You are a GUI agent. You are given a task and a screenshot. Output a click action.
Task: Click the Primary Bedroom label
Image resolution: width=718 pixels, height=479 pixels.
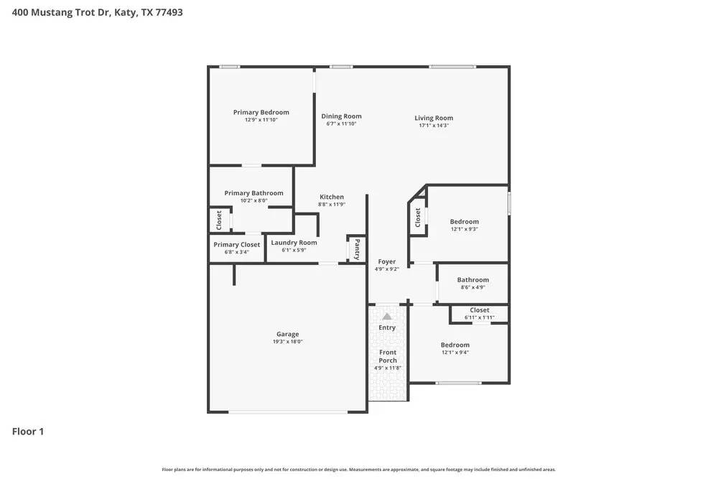coord(261,112)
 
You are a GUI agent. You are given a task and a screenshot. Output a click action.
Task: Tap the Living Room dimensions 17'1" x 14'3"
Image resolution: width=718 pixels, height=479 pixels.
coord(434,126)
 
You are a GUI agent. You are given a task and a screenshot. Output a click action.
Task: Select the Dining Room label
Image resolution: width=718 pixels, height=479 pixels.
coord(341,116)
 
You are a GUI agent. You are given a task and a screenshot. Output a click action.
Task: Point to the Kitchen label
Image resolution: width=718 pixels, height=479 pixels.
coord(332,197)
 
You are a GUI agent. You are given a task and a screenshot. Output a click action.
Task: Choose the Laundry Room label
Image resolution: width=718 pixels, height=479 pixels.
coord(294,243)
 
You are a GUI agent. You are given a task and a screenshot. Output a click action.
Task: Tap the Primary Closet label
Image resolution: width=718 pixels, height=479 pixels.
coord(237,245)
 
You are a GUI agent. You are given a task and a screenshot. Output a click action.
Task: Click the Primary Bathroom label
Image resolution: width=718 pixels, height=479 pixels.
coord(253,192)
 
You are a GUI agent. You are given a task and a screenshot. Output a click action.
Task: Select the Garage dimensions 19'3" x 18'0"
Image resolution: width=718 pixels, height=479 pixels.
coord(287,342)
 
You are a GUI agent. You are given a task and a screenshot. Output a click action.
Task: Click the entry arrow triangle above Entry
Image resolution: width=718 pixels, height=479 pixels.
coord(387,316)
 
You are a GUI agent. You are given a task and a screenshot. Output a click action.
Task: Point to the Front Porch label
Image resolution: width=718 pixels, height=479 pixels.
coord(388,356)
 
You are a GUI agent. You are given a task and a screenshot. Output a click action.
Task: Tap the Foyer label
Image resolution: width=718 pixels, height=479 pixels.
coord(387,262)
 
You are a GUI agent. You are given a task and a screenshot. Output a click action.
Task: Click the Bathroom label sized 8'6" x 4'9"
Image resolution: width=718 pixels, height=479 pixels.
coord(473,280)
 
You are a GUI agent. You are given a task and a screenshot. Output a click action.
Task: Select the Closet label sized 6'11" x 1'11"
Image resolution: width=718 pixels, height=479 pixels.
coord(480,310)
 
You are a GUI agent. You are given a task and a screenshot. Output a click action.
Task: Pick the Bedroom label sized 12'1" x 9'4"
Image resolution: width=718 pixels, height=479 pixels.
coord(455,345)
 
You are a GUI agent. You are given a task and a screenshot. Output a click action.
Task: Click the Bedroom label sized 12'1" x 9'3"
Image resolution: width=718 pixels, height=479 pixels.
coord(464,222)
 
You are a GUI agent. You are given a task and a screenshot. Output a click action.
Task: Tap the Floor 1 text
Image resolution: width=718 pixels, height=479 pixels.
coord(28,432)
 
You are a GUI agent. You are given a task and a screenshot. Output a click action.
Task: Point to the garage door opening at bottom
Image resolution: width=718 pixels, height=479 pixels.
coord(288,411)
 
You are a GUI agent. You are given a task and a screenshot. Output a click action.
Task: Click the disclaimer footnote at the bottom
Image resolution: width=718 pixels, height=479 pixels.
coord(358,469)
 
